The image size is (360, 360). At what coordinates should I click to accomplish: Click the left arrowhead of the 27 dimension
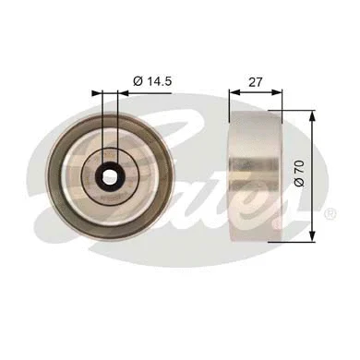(233, 92)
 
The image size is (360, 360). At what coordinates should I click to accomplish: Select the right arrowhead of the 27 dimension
(273, 92)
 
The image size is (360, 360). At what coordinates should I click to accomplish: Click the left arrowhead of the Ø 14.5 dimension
(98, 92)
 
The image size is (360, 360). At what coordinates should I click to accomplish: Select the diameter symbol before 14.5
(138, 83)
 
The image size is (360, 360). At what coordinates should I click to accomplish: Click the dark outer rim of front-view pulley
(56, 174)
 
